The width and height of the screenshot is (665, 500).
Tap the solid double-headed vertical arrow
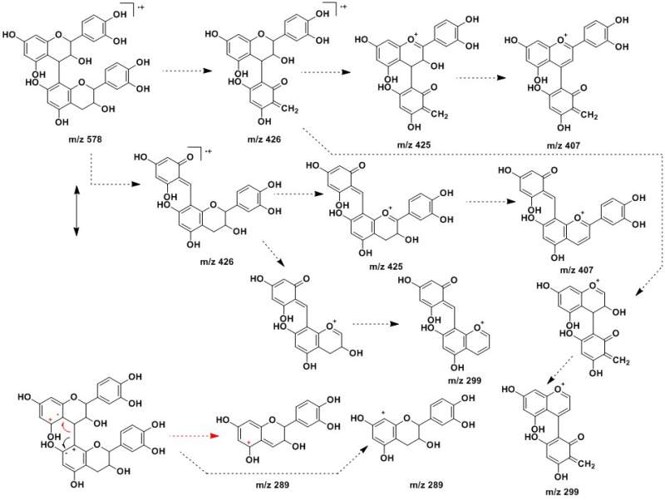point(76,212)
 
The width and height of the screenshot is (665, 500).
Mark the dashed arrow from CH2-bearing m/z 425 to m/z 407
point(473,80)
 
